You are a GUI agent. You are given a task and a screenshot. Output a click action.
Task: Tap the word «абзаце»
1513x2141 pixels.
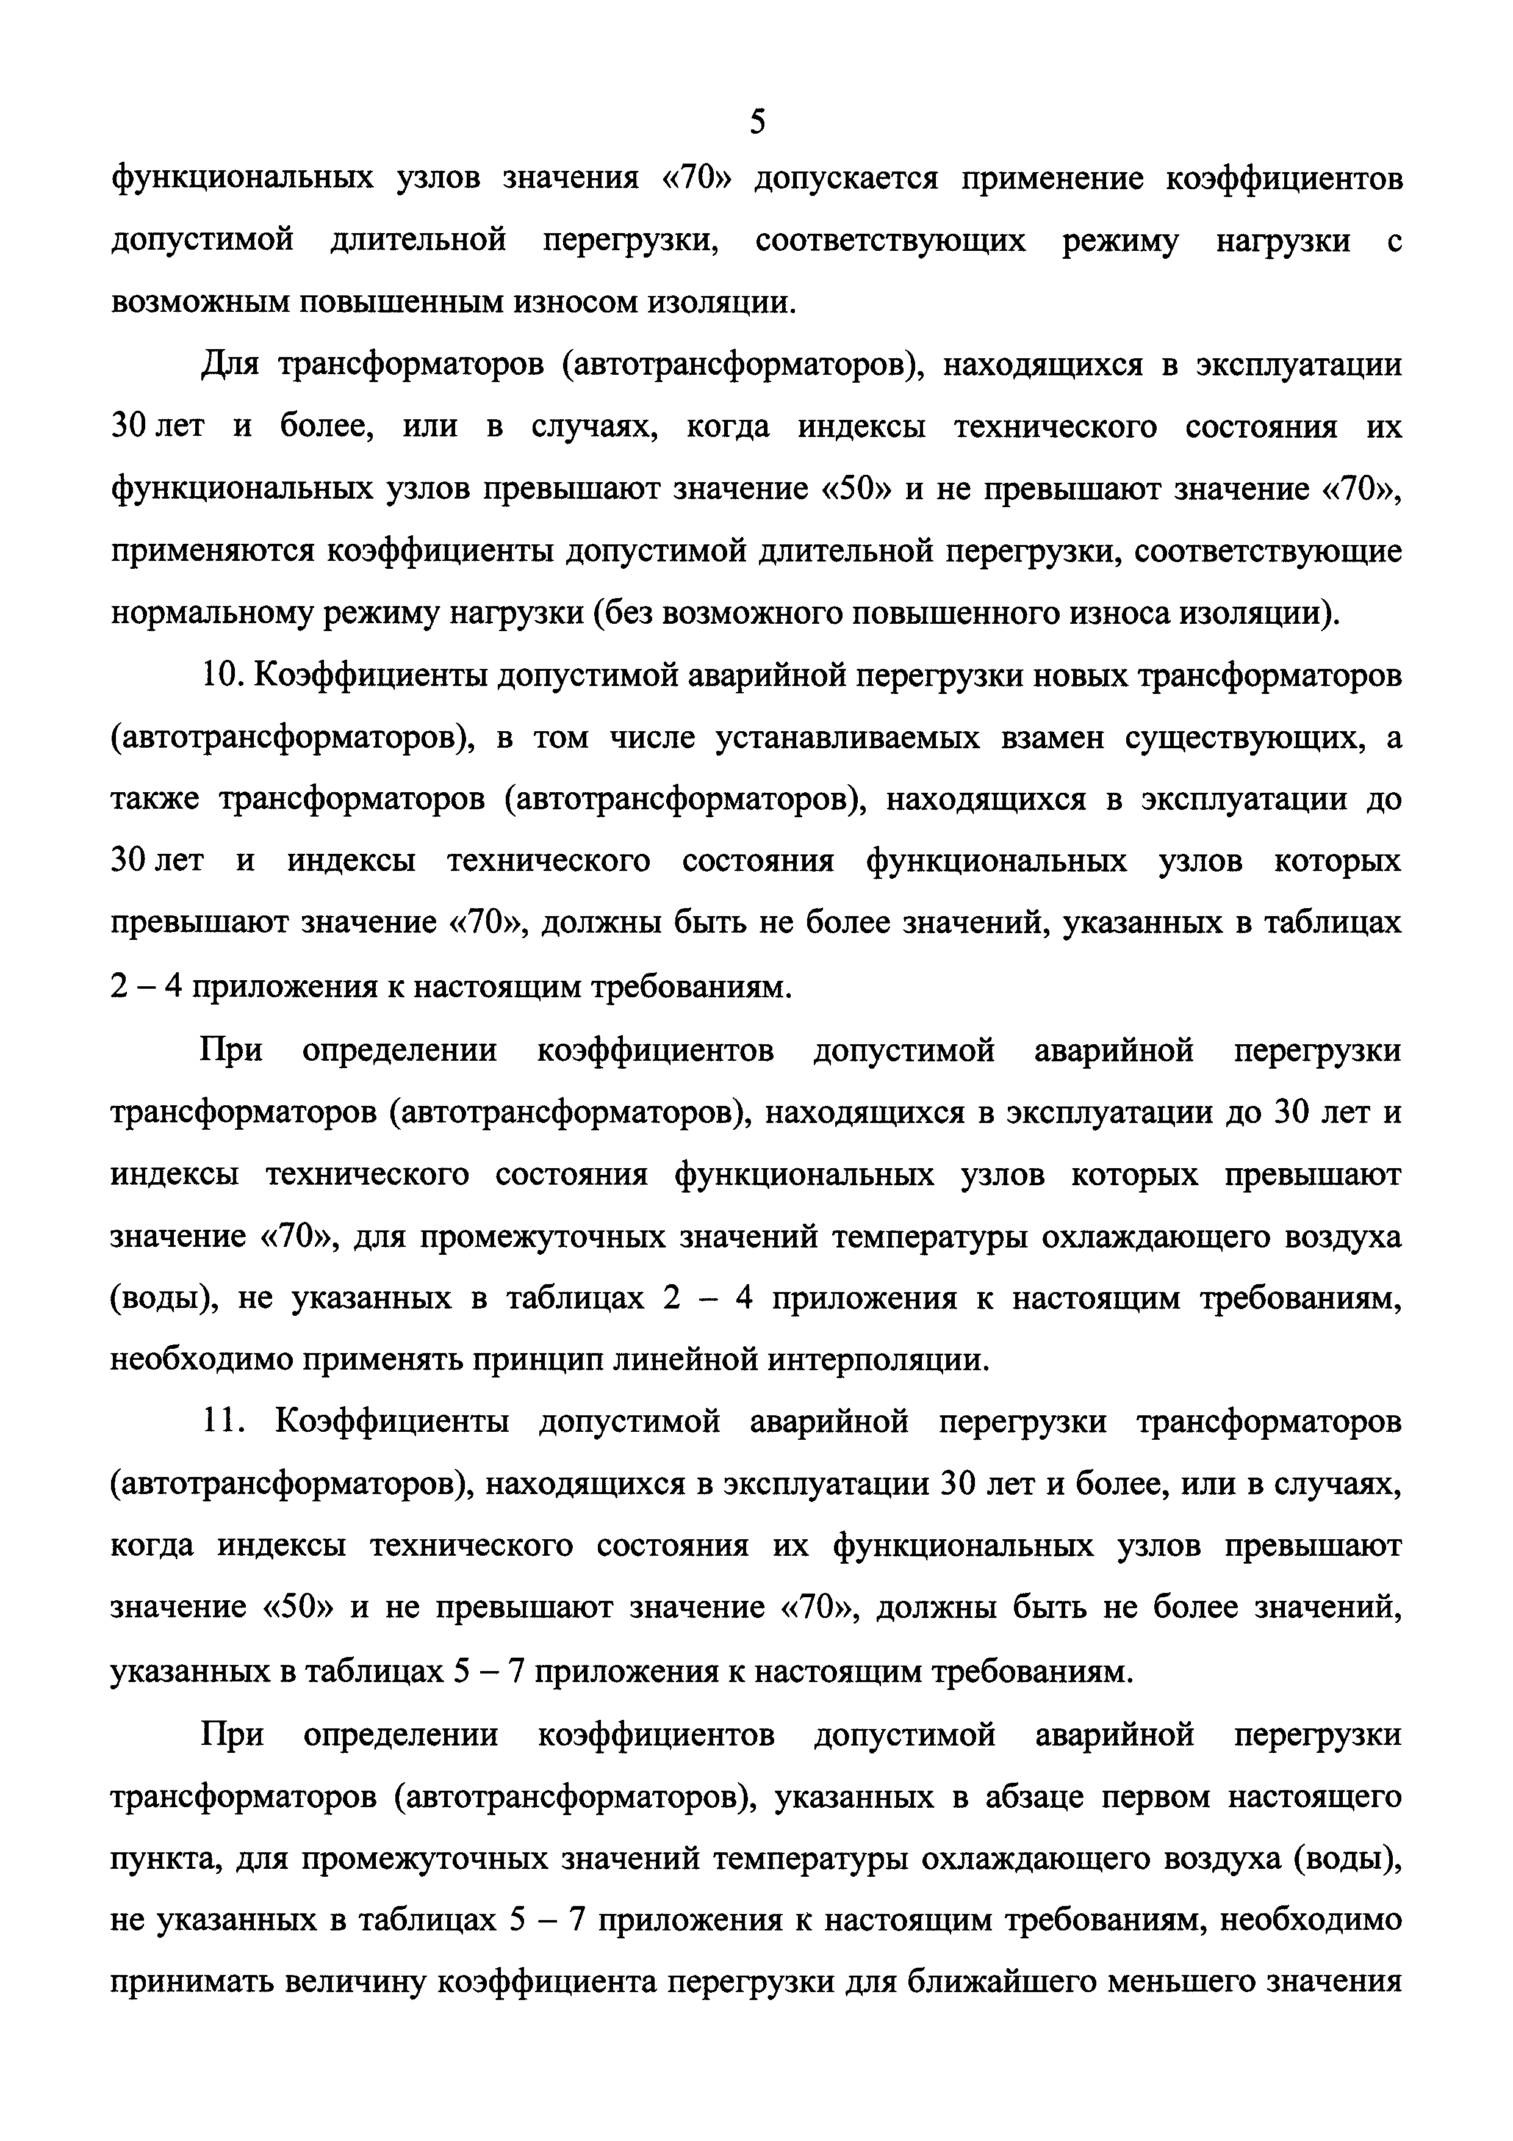coord(1030,1797)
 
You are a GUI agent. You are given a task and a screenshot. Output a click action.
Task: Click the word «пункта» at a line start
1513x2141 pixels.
coord(163,1858)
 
